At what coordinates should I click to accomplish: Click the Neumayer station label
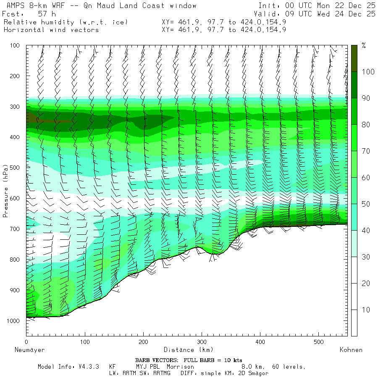[29, 349]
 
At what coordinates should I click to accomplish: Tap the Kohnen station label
[351, 349]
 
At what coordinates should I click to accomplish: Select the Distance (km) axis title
[188, 349]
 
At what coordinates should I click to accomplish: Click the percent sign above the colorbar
[364, 46]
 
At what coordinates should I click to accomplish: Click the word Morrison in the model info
[180, 367]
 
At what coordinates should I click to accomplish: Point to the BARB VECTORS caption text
[189, 360]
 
